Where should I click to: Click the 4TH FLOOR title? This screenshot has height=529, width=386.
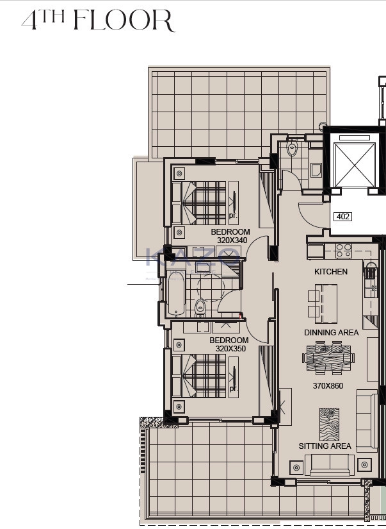click(x=97, y=21)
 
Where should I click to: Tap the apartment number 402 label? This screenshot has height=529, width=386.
click(x=342, y=217)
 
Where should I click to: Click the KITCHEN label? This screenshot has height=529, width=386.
click(x=330, y=272)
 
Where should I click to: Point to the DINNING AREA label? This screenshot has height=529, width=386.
click(x=331, y=333)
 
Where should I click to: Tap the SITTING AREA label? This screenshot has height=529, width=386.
click(x=325, y=446)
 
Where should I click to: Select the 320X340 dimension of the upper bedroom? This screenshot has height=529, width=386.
click(x=232, y=240)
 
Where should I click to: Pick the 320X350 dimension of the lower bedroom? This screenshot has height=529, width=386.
click(x=231, y=349)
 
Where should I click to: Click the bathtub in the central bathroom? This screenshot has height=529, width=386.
click(x=176, y=294)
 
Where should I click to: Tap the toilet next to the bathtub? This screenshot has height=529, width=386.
click(x=200, y=306)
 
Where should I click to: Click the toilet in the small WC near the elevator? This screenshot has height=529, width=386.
click(x=293, y=149)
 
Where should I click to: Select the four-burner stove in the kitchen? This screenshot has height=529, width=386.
click(x=343, y=248)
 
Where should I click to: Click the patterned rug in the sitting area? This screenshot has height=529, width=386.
click(x=328, y=423)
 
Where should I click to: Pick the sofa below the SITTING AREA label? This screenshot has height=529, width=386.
click(x=329, y=465)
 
